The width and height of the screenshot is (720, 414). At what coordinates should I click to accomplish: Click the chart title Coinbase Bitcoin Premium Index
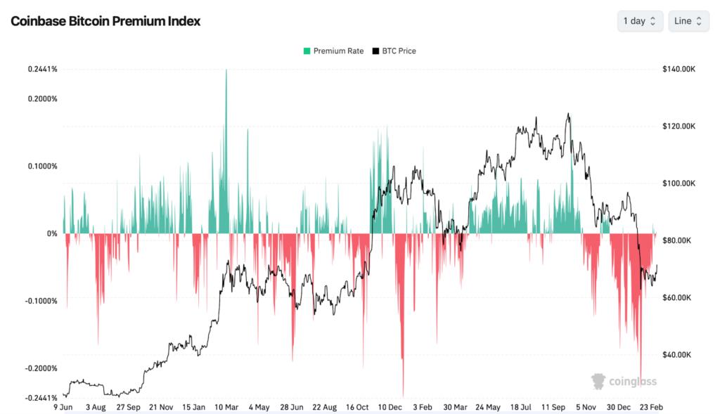105,21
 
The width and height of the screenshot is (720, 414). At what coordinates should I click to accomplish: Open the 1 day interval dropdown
640,21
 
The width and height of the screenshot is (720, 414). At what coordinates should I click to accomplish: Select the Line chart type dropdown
688,21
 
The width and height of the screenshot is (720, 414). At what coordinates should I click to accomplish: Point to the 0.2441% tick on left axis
43,69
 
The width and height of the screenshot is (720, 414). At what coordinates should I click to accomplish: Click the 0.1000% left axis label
43,167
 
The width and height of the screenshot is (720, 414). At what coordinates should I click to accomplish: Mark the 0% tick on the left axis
52,233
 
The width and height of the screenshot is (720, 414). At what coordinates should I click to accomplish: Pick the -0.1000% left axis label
41,301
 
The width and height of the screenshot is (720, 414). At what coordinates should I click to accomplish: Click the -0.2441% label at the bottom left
41,397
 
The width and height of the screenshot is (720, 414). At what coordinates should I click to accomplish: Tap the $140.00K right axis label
679,69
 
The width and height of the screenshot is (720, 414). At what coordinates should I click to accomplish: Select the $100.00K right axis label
679,183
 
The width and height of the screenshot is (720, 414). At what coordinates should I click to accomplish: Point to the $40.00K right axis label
679,355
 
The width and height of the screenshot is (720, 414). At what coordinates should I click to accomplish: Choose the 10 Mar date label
226,407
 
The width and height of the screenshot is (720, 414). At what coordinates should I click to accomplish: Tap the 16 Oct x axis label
357,407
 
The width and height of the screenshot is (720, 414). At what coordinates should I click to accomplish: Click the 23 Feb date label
651,407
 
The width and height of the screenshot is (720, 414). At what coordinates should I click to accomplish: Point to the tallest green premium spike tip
226,70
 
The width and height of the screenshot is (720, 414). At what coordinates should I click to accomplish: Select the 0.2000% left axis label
43,99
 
